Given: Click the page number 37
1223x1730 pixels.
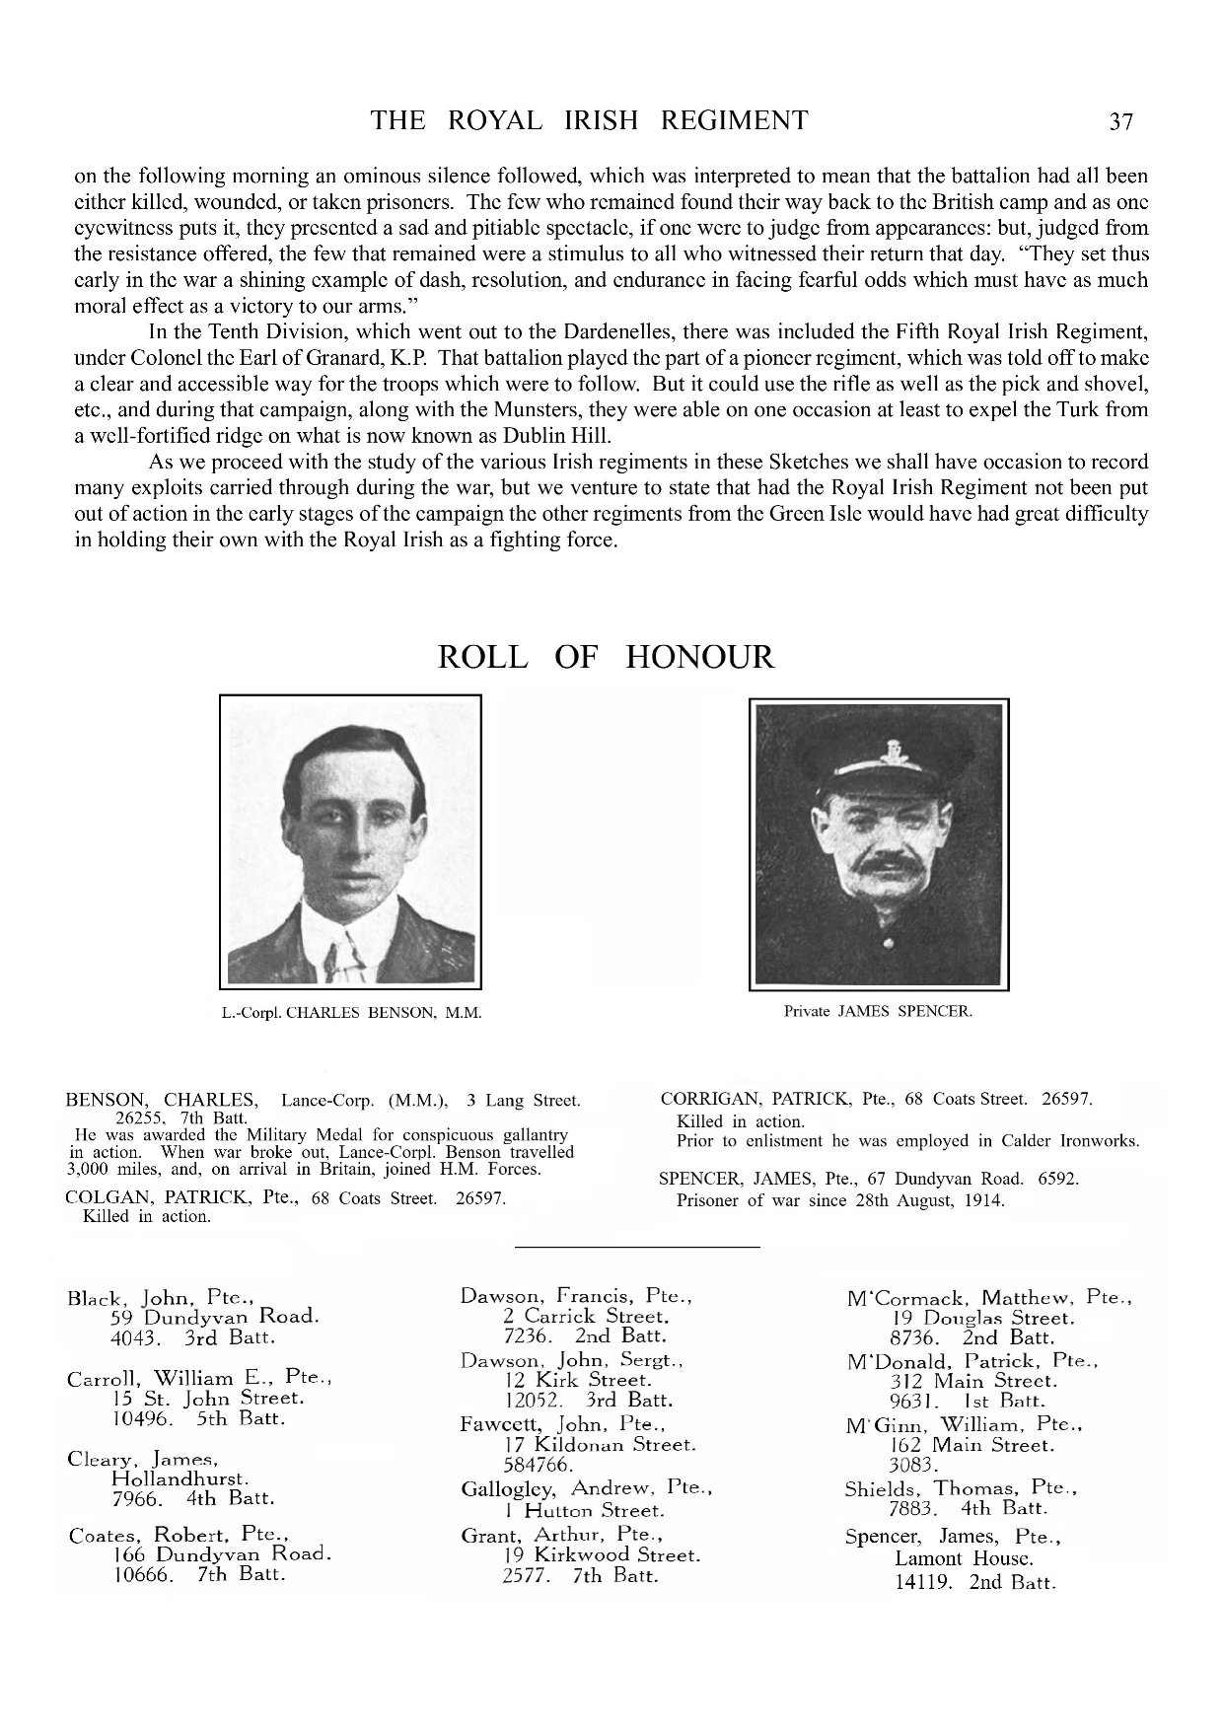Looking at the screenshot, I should click(1121, 122).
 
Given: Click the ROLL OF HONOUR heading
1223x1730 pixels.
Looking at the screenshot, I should click(606, 657).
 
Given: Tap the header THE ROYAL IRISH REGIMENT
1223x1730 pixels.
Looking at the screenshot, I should click(589, 120).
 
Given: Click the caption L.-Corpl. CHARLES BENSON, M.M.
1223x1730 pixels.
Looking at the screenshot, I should click(351, 1013).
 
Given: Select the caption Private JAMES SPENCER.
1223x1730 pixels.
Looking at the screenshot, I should click(878, 1011).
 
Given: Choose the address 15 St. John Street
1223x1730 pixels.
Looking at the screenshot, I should click(208, 1399).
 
